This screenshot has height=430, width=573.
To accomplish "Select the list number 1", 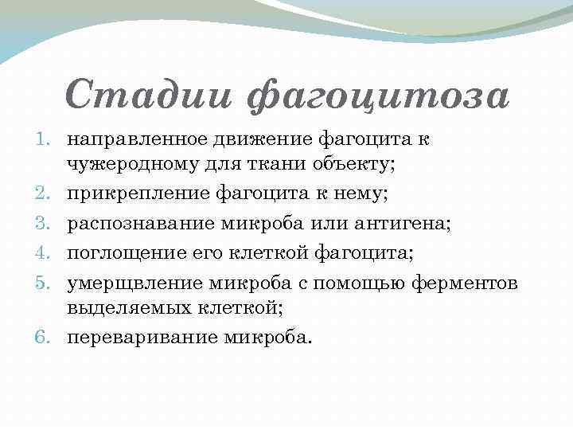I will point(45,139).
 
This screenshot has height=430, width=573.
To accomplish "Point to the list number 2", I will point(45,193).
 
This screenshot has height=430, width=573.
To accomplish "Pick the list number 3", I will point(45,223).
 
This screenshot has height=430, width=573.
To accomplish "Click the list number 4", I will point(45,253).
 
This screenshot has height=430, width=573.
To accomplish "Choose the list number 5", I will point(45,283).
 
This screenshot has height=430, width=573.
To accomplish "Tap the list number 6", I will point(45,337).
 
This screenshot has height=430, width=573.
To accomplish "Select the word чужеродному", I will point(123,163).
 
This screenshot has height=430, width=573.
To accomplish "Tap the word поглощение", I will point(117,254).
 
